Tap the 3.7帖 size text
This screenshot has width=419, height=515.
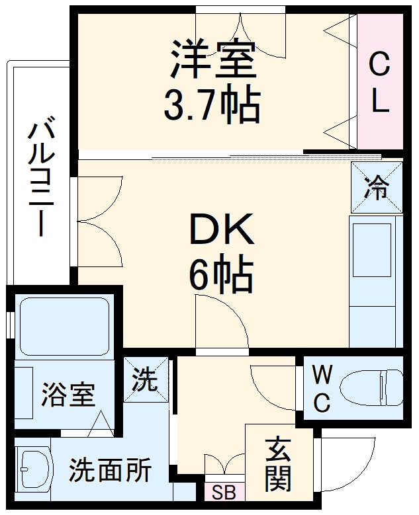[x=212, y=104]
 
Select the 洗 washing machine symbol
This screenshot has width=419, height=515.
[x=145, y=380]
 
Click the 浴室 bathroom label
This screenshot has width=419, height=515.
[x=68, y=395]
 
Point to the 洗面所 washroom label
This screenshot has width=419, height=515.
[x=111, y=470]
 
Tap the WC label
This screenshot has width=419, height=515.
[x=321, y=389]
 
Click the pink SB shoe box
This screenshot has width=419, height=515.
[x=224, y=493]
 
